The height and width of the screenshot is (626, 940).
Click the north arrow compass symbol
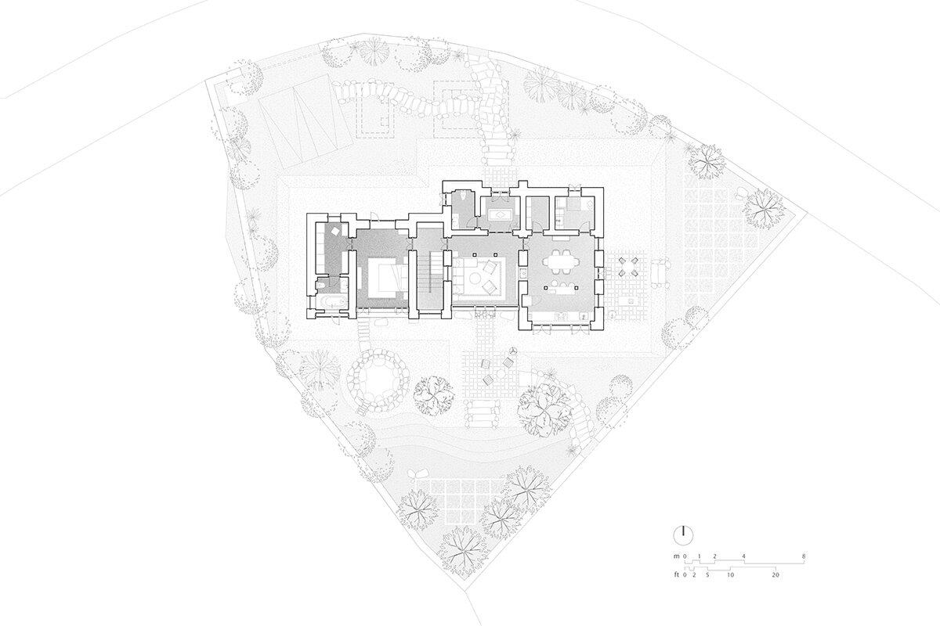683,535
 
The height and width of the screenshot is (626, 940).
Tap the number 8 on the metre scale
804,556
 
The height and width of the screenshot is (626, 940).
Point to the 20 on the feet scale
775,575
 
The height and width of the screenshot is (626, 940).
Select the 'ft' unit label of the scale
677,575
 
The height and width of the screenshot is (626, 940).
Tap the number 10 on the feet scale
731,575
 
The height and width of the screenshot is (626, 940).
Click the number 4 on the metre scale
744,556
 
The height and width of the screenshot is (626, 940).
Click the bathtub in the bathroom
332,302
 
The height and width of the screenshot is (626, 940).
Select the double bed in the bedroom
387,278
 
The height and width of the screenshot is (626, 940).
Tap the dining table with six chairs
558,265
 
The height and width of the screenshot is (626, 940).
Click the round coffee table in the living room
476,279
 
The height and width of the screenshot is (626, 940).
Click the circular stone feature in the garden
378,381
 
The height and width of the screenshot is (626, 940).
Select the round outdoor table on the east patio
627,266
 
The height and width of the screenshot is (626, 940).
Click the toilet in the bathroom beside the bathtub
321,286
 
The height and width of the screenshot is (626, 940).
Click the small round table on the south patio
501,373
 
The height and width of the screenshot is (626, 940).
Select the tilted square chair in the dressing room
336,231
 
